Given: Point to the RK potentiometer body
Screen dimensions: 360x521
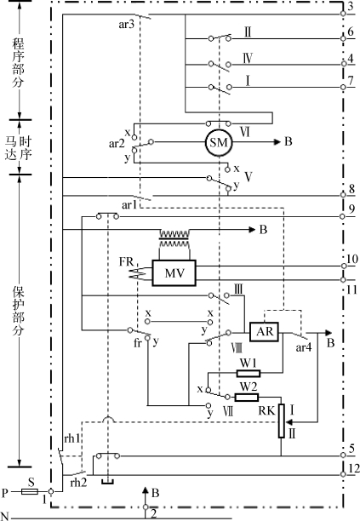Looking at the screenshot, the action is [x=282, y=421].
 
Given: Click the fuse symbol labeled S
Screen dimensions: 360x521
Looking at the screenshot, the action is [x=30, y=491].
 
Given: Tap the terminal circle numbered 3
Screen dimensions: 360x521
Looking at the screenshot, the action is [x=343, y=14].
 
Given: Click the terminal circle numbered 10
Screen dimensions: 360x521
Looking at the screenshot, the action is [x=344, y=266].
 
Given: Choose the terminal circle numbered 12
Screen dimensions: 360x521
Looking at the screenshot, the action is [x=343, y=474].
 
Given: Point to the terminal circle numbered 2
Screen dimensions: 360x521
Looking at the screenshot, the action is [x=146, y=507].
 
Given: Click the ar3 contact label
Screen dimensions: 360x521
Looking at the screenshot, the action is [x=127, y=25].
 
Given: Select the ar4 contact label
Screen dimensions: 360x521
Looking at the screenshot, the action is [x=304, y=347].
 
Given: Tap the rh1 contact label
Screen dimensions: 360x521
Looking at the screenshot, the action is [x=72, y=438].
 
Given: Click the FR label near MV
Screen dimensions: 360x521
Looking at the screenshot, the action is [x=127, y=262].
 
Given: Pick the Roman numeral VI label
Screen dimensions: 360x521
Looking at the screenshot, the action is [x=245, y=132].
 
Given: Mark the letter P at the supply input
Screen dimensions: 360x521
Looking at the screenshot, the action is [x=4, y=493].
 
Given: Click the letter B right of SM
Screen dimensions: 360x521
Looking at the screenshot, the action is [x=289, y=141].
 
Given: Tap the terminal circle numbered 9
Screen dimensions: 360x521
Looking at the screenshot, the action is [x=342, y=216].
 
